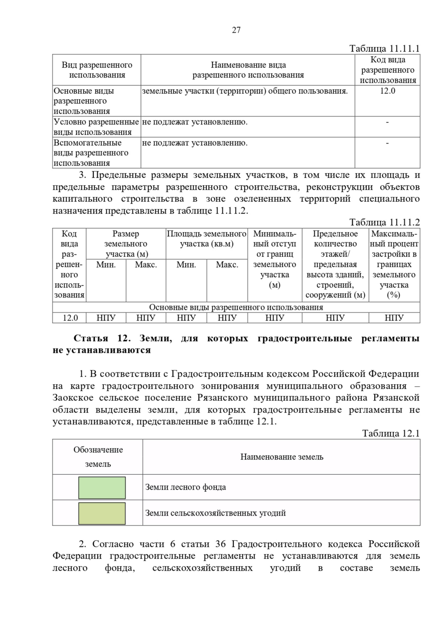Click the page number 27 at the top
coord(236,30)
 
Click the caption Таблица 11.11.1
coord(384,49)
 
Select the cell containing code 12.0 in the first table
coord(387,91)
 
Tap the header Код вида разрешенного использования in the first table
coord(388,70)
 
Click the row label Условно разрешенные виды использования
coord(96,127)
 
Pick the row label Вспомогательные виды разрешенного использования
coord(91,153)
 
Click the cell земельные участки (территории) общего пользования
coord(245,91)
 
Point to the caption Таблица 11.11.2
coord(384,222)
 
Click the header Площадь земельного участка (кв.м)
coord(207,239)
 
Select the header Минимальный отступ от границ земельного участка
coord(275,259)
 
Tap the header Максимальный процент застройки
coord(394,264)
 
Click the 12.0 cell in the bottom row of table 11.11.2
coord(70,318)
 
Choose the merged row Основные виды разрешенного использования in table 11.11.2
coord(236,307)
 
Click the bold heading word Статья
coord(91,338)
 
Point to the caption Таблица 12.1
coord(391,433)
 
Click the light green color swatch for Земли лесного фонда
coord(102,488)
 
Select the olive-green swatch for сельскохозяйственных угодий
coord(102,513)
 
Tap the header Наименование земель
coord(282,457)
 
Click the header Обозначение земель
coord(98,457)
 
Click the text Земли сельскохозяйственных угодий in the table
coord(215,513)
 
